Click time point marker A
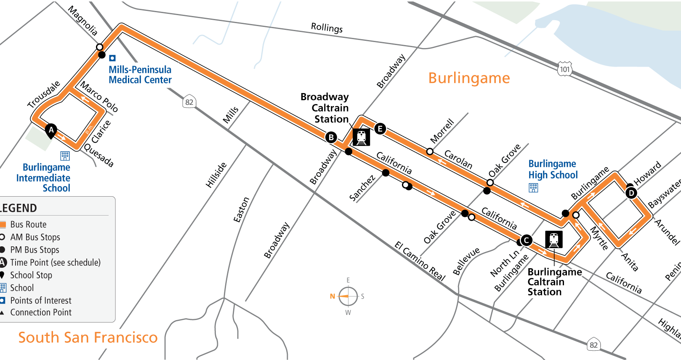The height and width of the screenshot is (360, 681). coord(51,130)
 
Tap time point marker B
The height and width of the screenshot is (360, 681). coord(331,137)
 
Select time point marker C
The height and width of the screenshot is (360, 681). coord(526,240)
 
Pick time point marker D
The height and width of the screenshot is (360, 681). coord(631,193)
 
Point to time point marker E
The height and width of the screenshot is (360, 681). coord(380,128)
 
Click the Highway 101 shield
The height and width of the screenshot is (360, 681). coord(565,69)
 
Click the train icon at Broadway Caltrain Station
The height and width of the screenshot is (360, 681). coord(361,137)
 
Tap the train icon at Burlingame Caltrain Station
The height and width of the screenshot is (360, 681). coord(554,240)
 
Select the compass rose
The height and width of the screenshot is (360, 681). coord(348,296)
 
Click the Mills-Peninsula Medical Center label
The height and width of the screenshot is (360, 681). coord(140,75)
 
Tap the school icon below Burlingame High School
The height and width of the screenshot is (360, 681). coord(533,188)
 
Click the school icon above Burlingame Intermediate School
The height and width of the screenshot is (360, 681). coord(65,156)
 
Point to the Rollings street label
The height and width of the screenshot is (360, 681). coord(327,28)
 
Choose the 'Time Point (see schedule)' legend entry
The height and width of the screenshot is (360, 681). coord(55,263)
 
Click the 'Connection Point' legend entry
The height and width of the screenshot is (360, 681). coord(41,312)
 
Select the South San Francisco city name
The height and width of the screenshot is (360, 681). coord(88,337)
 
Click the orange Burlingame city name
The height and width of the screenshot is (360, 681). coord(469,78)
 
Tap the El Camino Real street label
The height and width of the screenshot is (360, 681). coord(420,261)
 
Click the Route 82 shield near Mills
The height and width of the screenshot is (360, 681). coord(189,102)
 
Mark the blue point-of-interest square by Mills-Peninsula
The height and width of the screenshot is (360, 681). coord(112,58)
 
